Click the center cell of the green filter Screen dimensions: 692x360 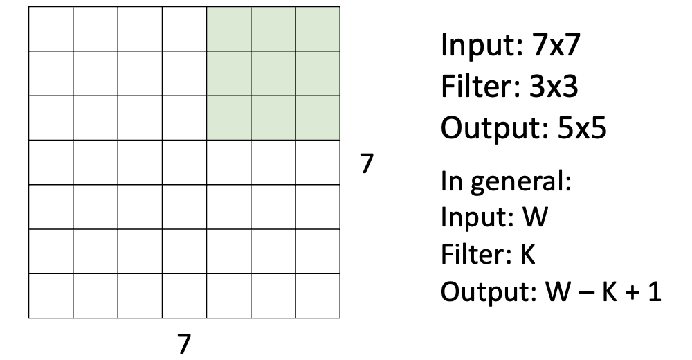(x=273, y=74)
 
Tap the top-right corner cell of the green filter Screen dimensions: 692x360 (x=317, y=29)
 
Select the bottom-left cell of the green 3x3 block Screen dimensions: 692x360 (x=228, y=118)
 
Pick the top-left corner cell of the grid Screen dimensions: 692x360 (x=51, y=29)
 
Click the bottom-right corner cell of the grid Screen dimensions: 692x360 (x=317, y=296)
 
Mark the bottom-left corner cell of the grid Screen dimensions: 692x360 (x=51, y=296)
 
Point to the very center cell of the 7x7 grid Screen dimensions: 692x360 (x=184, y=163)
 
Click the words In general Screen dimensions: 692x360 (x=504, y=186)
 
